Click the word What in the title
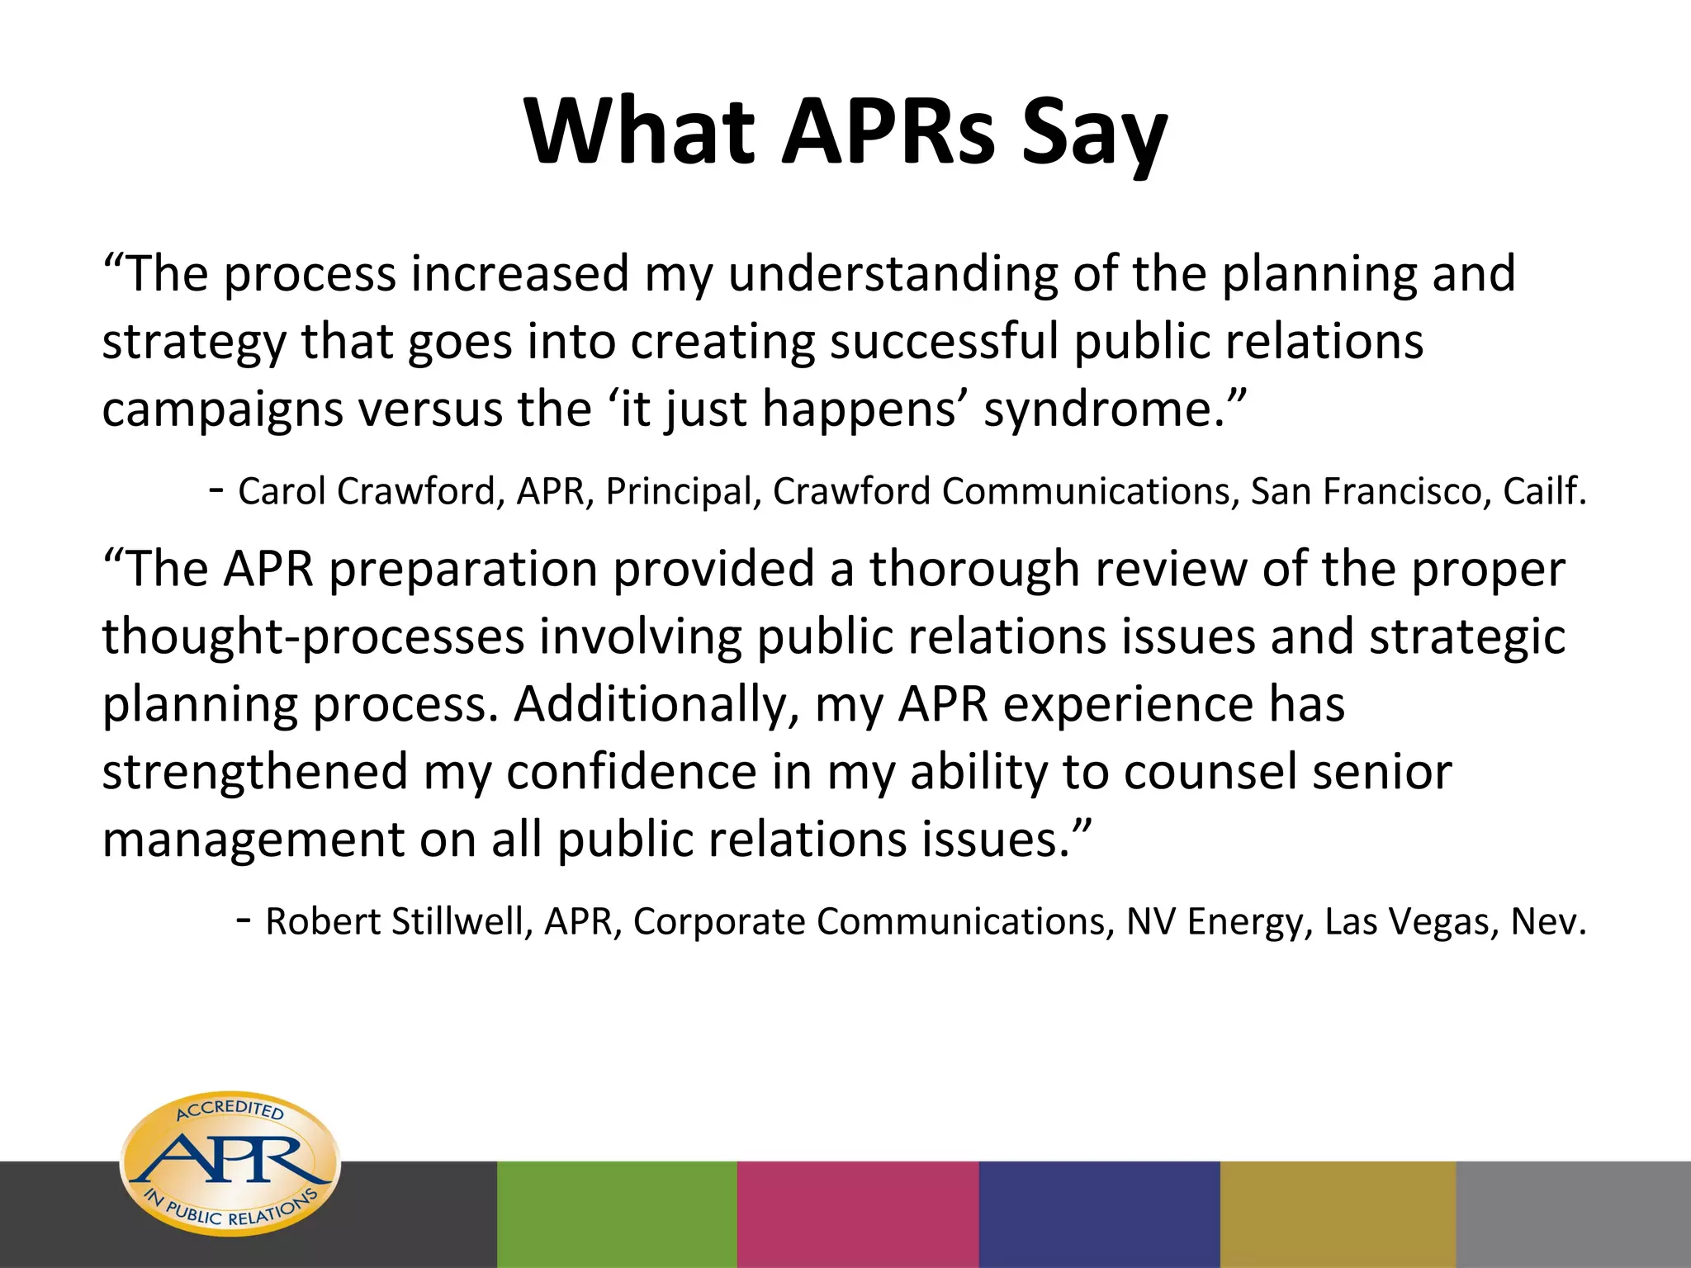[639, 132]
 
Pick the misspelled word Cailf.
[1544, 491]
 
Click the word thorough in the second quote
[974, 570]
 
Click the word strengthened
[255, 773]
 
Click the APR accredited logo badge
[230, 1164]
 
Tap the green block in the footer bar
[617, 1214]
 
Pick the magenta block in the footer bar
[857, 1214]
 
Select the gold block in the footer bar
[1338, 1214]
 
